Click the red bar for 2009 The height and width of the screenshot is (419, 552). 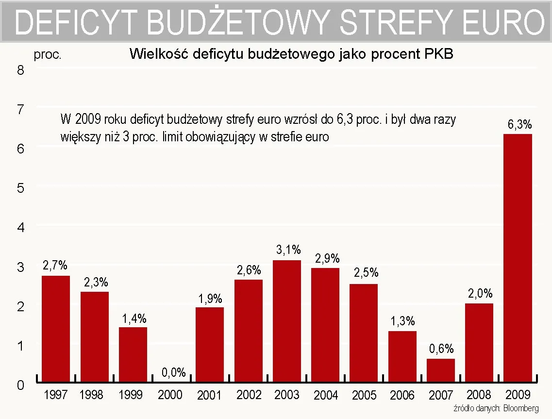click(518, 257)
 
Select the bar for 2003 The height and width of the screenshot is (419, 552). click(287, 320)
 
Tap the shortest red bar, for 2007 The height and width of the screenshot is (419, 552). click(441, 370)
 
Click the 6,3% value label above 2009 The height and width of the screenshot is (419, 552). click(519, 125)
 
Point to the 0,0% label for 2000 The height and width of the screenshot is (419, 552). click(173, 372)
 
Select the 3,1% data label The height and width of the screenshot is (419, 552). click(288, 250)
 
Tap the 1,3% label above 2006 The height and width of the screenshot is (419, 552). click(403, 321)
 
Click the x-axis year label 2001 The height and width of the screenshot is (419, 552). click(210, 395)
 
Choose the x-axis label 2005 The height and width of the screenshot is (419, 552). click(364, 395)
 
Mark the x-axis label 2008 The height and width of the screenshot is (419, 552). click(479, 394)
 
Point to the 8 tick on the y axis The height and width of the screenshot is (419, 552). click(20, 70)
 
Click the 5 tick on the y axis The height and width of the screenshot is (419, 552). click(20, 188)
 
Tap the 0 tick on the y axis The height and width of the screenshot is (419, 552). click(20, 385)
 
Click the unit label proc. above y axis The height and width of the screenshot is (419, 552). click(48, 55)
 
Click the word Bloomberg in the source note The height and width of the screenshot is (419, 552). click(521, 408)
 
